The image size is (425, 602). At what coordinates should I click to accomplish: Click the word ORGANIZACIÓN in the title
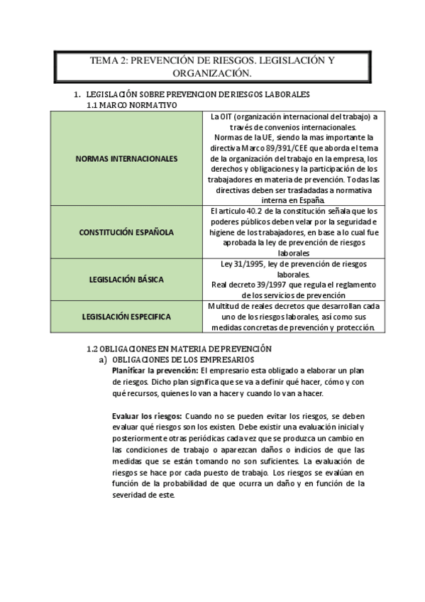(212, 73)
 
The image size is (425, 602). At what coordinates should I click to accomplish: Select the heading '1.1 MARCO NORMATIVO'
(131, 105)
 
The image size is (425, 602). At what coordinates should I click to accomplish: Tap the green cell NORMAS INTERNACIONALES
(126, 159)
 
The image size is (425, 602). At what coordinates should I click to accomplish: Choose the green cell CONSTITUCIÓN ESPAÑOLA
(126, 232)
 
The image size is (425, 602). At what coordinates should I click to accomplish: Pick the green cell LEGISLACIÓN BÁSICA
(126, 280)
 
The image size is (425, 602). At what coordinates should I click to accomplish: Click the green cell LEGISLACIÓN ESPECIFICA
(126, 317)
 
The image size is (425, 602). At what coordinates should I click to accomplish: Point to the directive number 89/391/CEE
(286, 148)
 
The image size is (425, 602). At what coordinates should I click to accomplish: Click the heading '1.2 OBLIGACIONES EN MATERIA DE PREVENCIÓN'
(179, 349)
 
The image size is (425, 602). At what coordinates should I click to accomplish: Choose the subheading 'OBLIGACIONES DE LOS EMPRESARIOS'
(187, 360)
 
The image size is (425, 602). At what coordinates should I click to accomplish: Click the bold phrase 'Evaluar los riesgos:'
(147, 415)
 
